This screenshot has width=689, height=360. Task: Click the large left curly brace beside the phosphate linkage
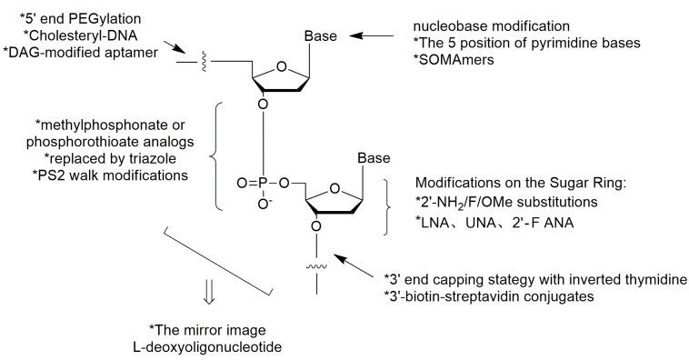point(215,156)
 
